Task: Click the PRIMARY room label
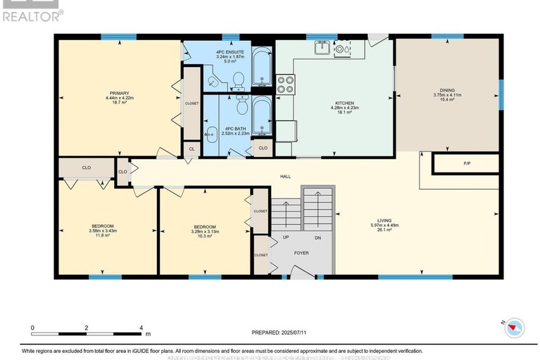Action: click(x=118, y=92)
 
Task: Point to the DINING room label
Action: click(x=446, y=90)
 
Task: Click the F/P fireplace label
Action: click(x=466, y=163)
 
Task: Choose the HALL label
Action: click(x=285, y=176)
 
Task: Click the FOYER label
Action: click(x=301, y=252)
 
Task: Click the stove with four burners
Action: click(x=285, y=85)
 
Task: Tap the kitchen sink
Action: click(x=322, y=47)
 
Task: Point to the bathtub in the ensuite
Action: click(x=260, y=68)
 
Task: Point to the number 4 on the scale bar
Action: click(x=142, y=328)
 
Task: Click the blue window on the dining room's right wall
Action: click(x=501, y=94)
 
